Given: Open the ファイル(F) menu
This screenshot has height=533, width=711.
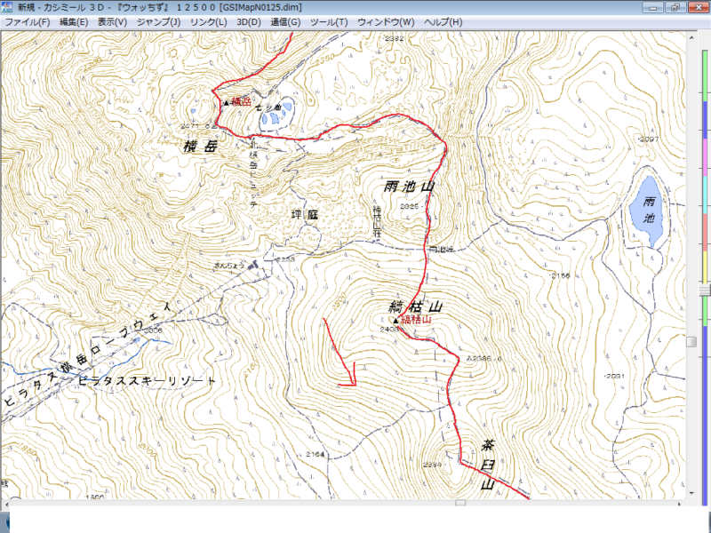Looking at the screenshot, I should click(28, 21).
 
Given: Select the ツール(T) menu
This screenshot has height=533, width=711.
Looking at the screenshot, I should click(328, 21).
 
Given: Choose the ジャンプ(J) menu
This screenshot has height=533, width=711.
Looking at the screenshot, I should click(159, 21).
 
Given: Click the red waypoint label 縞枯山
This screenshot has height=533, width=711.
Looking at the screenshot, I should click(416, 319).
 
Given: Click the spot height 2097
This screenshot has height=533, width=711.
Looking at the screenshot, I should click(650, 139).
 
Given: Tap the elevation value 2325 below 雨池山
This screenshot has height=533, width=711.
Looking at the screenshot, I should click(410, 206).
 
